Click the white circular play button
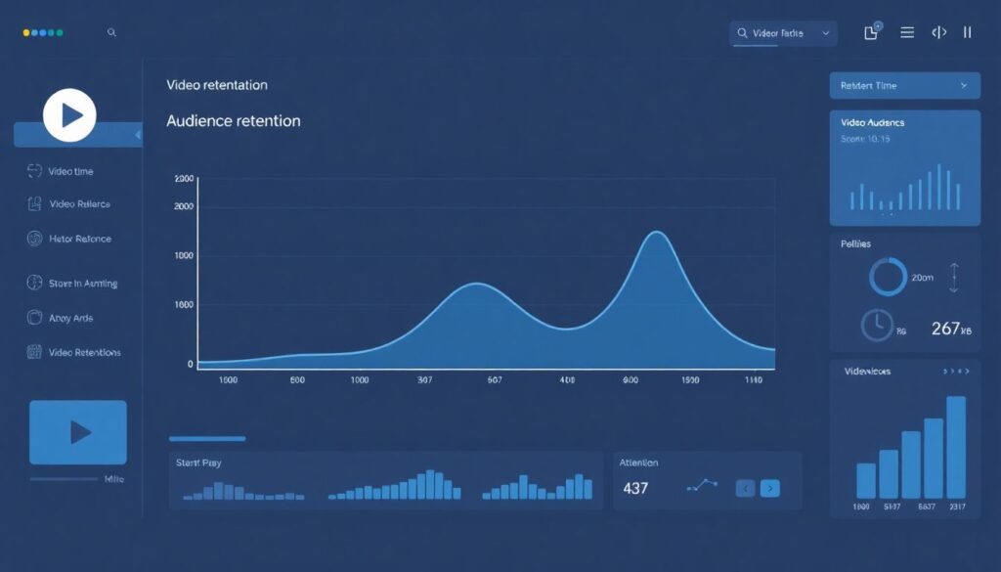pyautogui.click(x=69, y=115)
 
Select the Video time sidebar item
pyautogui.click(x=70, y=171)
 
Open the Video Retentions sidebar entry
pyautogui.click(x=84, y=352)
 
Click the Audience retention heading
pyautogui.click(x=234, y=121)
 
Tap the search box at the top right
pyautogui.click(x=782, y=33)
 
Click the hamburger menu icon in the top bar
pyautogui.click(x=907, y=33)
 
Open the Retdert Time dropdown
pyautogui.click(x=904, y=86)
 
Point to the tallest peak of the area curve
pyautogui.click(x=656, y=233)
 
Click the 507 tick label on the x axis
pyautogui.click(x=493, y=380)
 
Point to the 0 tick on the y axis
pyautogui.click(x=190, y=364)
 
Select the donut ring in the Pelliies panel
pyautogui.click(x=888, y=277)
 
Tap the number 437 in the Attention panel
pyautogui.click(x=635, y=488)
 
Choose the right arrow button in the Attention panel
pyautogui.click(x=770, y=488)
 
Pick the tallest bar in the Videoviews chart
pyautogui.click(x=956, y=447)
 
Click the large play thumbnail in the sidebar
pyautogui.click(x=78, y=432)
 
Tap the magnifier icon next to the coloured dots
pyautogui.click(x=111, y=32)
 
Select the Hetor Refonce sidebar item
pyautogui.click(x=79, y=239)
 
